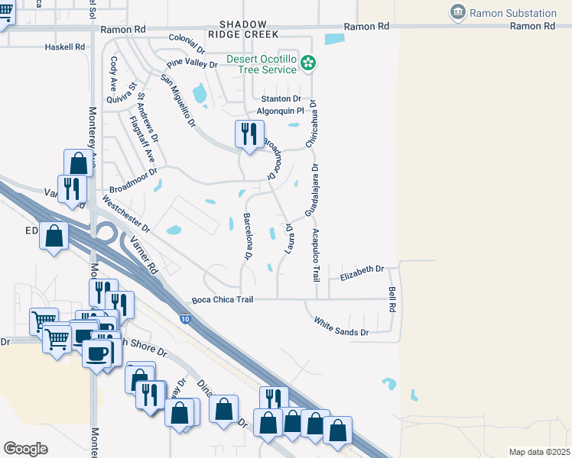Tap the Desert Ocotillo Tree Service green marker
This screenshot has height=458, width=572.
pos(308,63)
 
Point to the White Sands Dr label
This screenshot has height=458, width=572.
pos(341,327)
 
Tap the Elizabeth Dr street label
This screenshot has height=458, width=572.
pos(362,271)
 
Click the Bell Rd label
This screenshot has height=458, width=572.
pos(392,298)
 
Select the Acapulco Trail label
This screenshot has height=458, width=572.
pos(315,255)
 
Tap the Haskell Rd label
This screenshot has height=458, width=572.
pos(64,47)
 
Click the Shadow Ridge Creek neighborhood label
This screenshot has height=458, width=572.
pos(245,30)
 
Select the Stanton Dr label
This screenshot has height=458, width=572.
pos(281,99)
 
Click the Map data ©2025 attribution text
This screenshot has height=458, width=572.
pos(539,452)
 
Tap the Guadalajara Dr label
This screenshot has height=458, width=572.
pos(311,191)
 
